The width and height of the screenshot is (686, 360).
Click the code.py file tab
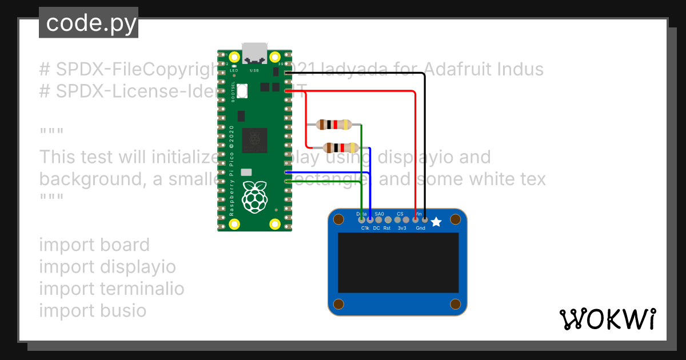(89, 23)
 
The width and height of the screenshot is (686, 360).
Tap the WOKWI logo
(607, 319)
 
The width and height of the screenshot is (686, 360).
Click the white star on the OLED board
(436, 222)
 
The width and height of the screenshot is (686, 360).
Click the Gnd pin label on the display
(421, 228)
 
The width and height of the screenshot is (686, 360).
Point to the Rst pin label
(387, 228)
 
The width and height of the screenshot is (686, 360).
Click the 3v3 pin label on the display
(402, 228)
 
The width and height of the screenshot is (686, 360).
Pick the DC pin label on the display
(376, 228)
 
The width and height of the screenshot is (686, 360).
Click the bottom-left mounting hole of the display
(338, 303)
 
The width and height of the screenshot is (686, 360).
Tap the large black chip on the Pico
(254, 141)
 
